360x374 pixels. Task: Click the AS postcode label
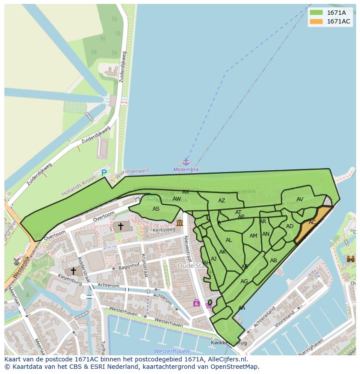pos(156,209)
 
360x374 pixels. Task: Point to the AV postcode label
pos(300,199)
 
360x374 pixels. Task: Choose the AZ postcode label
pos(222,201)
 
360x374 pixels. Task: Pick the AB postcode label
pos(273,261)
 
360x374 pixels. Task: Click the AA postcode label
pos(242,308)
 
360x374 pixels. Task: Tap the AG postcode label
pos(244,281)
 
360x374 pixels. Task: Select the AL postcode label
pos(229,240)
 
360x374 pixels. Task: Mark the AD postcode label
pos(290,226)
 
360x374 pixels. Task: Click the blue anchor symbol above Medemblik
pos(186,162)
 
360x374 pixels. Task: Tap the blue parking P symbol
pos(104,173)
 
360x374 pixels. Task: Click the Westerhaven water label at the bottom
pos(171,351)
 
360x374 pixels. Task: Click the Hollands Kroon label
pos(78,186)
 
